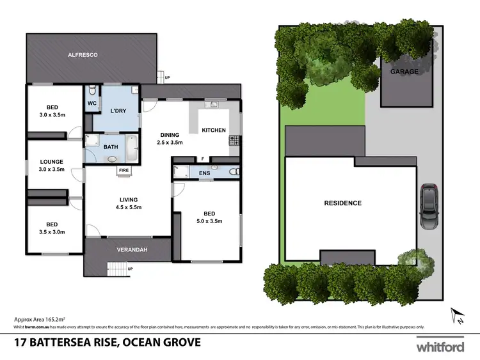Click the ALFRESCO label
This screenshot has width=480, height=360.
point(83,56)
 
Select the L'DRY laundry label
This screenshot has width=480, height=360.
point(117,111)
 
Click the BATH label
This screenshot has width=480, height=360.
point(111,147)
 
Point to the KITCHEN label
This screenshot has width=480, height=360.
point(214,130)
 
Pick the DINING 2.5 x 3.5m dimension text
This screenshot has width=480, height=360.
point(170,143)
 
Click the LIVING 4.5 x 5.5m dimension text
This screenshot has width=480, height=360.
point(128,207)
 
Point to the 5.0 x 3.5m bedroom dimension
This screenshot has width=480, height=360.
point(209,221)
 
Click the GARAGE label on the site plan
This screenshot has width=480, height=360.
point(404,72)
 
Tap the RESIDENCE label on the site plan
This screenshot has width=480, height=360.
point(342,203)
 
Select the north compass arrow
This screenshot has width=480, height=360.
point(458,315)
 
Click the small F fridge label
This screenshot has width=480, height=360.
point(202,159)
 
